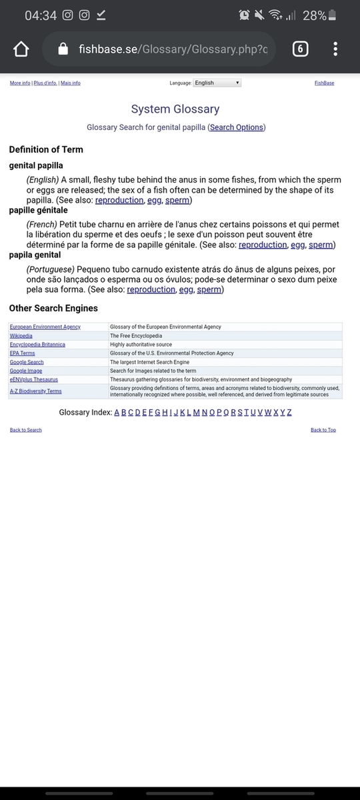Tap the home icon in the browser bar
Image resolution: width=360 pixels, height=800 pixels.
[21, 49]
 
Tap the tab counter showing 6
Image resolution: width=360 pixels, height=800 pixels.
[300, 49]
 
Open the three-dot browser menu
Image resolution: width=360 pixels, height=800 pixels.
[335, 49]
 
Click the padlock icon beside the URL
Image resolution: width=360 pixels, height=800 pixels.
[63, 49]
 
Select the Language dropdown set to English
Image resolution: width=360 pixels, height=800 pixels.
[217, 83]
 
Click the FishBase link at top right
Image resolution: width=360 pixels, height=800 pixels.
[324, 83]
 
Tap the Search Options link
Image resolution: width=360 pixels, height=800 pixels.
[237, 127]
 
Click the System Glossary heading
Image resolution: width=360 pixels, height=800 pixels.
[175, 109]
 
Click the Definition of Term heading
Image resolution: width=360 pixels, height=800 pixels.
[46, 149]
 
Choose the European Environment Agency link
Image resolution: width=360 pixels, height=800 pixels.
[45, 327]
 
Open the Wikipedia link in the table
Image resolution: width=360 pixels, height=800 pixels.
[21, 336]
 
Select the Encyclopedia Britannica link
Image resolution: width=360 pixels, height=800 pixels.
[37, 345]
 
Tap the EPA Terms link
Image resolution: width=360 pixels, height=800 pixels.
[22, 353]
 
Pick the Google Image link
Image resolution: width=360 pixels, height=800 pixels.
[26, 371]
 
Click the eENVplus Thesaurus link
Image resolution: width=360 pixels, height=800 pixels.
[33, 379]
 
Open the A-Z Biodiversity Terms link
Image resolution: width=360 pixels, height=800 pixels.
[35, 391]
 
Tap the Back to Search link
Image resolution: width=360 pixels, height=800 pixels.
[25, 430]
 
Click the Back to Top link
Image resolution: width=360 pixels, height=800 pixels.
[323, 430]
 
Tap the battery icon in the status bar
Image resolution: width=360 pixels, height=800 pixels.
[333, 15]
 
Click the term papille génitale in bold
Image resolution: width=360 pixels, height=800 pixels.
[38, 210]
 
